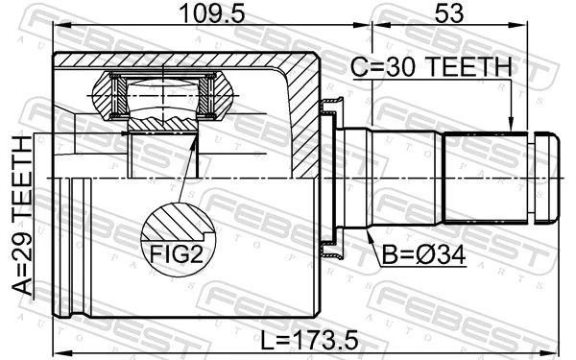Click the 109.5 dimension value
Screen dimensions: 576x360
(x=212, y=13)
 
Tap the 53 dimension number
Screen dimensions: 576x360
(x=449, y=13)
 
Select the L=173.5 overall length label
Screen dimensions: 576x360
(x=309, y=340)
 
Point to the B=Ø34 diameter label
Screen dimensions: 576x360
(x=423, y=255)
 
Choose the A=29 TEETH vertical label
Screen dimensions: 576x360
(x=22, y=215)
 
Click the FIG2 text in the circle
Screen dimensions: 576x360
(x=177, y=254)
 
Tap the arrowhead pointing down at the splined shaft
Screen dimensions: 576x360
(x=510, y=125)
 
